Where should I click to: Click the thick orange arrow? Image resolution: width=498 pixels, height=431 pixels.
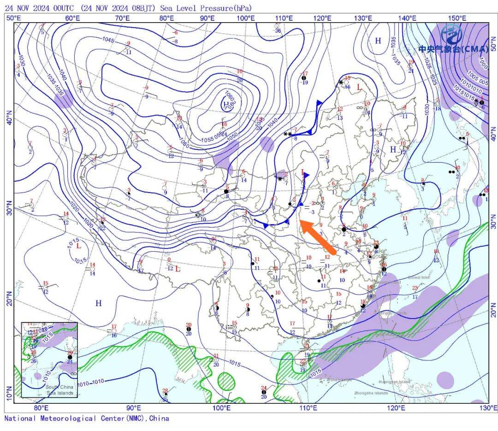(318, 235)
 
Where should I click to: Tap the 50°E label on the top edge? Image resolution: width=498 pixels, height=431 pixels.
(13, 18)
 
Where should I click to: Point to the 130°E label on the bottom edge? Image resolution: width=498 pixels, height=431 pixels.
(488, 408)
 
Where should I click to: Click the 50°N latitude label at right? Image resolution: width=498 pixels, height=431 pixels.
(493, 47)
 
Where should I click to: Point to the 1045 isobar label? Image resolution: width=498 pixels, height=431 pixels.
(109, 40)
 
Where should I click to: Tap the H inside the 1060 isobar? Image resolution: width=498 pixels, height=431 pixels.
(226, 106)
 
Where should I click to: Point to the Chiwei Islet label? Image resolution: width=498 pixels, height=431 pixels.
(419, 277)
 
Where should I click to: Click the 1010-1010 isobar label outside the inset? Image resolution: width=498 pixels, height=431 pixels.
(93, 382)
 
